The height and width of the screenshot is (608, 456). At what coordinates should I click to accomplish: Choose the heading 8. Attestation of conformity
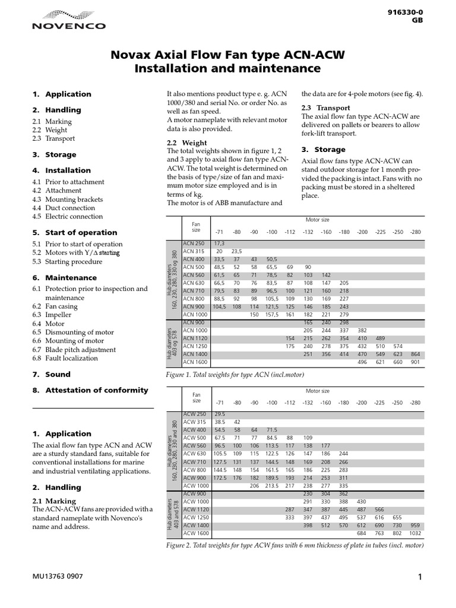90,390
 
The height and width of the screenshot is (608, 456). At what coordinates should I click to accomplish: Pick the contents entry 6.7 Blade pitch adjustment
74,350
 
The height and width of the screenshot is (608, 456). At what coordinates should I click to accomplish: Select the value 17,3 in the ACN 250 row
219,243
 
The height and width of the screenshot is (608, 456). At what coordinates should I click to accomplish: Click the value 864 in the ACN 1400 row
415,354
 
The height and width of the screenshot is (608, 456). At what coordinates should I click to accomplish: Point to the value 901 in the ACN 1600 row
415,362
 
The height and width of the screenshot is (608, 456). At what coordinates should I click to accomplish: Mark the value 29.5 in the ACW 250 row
219,413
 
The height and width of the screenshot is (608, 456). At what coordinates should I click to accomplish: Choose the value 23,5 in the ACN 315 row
236,251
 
